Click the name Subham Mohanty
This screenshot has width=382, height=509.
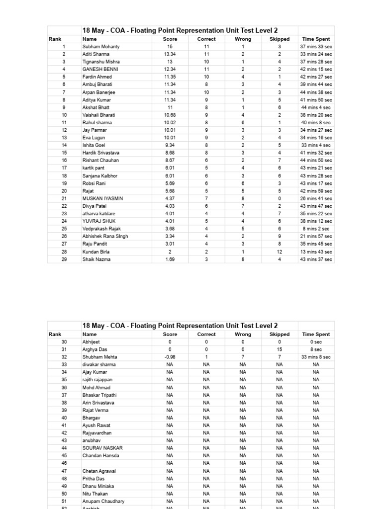coord(101,46)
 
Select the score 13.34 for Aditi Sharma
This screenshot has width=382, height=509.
coord(170,54)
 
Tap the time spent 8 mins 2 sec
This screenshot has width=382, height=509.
coord(316,229)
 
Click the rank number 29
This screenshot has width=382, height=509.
coord(64,259)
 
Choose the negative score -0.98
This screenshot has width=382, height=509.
coord(170,357)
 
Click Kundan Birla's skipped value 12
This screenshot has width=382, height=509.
coord(280,252)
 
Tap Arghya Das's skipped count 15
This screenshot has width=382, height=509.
coord(280,349)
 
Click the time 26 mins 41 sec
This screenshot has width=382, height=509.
coord(316,198)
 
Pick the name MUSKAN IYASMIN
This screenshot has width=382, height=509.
coord(103,198)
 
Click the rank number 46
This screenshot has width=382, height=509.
coord(64,463)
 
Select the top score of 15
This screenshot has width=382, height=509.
coord(170,46)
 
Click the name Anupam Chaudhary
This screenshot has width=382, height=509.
coord(103,501)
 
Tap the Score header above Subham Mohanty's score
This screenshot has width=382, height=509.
coord(170,39)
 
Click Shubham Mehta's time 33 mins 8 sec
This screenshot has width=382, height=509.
coord(316,357)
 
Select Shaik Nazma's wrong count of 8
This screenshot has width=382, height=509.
coord(243,259)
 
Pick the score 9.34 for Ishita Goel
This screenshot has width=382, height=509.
coord(170,145)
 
